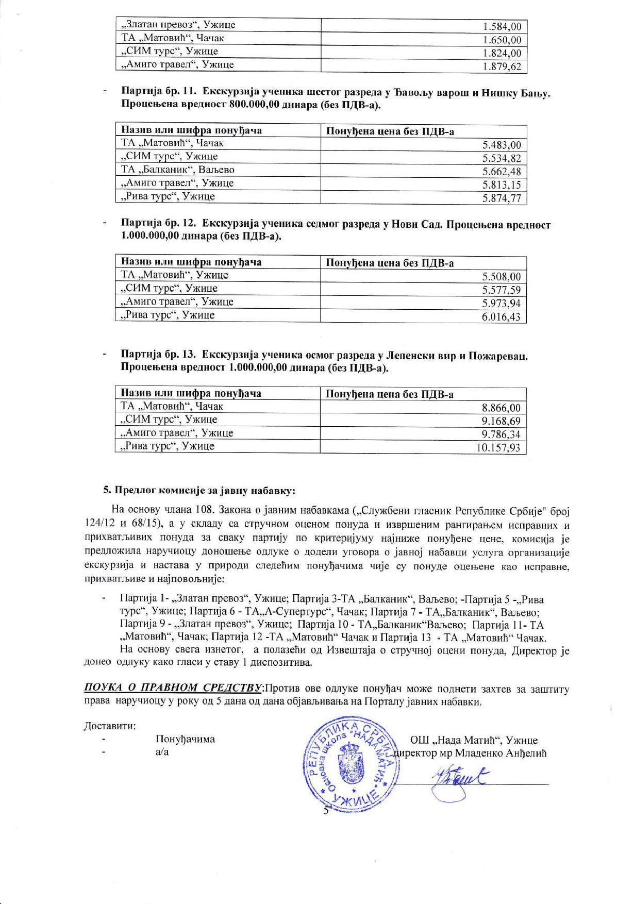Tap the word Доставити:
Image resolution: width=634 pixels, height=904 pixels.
tap(110, 726)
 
